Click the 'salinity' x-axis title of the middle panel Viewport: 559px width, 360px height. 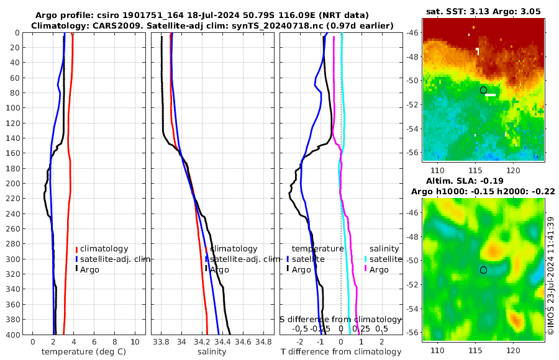click(x=212, y=352)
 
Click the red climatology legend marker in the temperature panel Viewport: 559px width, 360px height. click(x=76, y=249)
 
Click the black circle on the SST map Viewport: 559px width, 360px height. click(x=483, y=90)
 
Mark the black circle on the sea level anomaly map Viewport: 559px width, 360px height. click(x=483, y=270)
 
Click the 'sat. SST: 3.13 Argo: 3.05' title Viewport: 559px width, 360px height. click(x=483, y=11)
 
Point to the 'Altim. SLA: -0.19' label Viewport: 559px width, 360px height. click(x=483, y=180)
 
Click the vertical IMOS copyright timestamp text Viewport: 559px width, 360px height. click(x=551, y=276)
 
